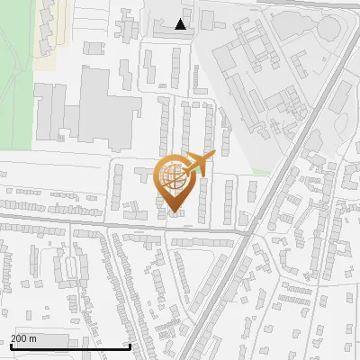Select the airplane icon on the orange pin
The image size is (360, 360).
tap(197, 164)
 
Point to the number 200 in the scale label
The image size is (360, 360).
tap(19, 338)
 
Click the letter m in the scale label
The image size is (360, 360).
tap(33, 338)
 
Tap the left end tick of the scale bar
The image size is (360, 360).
tap(9, 346)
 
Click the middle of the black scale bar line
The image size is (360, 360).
tap(69, 347)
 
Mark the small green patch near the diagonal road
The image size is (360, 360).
tap(261, 171)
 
